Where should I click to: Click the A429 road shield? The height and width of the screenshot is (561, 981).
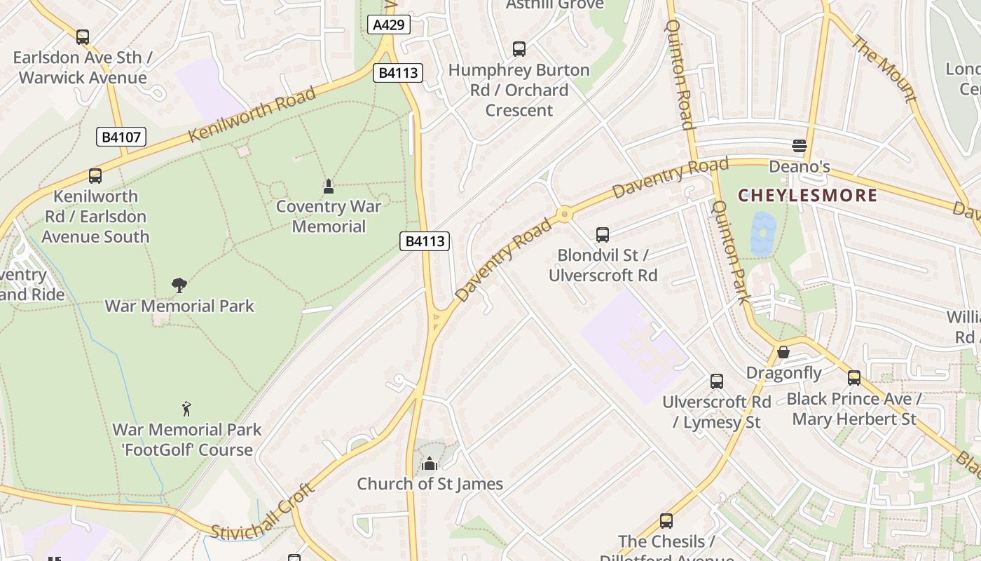(388, 25)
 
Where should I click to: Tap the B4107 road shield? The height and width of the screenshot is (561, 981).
(121, 137)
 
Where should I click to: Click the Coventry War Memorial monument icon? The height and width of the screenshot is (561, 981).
(328, 187)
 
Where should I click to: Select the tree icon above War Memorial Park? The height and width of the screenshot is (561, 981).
(179, 285)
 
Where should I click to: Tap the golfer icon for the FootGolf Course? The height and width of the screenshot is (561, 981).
(186, 409)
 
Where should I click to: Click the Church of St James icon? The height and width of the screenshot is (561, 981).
(430, 464)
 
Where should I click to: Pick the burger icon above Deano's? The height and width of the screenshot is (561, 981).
(799, 146)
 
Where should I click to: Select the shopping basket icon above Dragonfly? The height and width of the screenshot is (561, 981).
(783, 352)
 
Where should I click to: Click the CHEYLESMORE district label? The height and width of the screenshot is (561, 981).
(807, 196)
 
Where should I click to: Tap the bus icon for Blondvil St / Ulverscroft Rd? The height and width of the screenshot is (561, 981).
(603, 235)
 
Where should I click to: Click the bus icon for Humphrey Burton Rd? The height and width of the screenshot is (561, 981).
(519, 49)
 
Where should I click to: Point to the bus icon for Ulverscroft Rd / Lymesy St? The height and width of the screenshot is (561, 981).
(716, 381)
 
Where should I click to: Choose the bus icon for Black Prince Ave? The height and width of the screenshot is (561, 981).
(853, 378)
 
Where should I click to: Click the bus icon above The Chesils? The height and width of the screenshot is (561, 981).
(666, 521)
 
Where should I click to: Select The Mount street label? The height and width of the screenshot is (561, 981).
(884, 68)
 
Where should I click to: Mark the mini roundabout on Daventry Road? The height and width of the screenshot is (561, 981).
(564, 215)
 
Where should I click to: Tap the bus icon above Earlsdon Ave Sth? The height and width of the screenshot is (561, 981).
(83, 37)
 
